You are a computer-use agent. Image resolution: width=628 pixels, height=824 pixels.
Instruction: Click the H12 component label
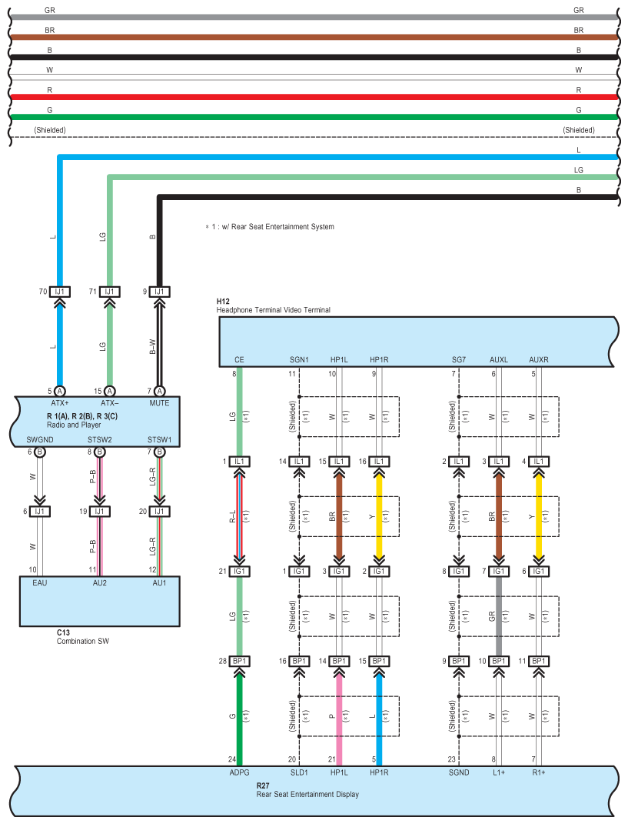point(223,301)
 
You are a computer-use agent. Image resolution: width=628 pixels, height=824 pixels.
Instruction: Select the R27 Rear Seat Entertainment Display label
point(307,790)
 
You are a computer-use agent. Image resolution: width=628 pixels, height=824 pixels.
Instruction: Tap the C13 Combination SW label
point(83,637)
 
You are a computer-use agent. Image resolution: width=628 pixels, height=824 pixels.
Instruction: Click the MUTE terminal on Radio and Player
point(159,403)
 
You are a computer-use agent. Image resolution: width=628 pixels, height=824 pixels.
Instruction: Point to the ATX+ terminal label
point(60,403)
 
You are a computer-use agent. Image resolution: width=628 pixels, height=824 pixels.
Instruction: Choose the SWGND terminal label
point(40,440)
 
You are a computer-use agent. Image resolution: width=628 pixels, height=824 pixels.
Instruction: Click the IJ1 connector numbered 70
point(60,292)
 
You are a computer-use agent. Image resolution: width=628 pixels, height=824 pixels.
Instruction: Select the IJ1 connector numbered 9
point(159,292)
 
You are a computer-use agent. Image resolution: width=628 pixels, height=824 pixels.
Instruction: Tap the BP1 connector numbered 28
point(239,661)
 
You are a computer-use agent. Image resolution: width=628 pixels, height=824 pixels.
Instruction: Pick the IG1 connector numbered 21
point(239,571)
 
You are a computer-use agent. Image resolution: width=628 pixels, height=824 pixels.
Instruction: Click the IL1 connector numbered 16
point(379,462)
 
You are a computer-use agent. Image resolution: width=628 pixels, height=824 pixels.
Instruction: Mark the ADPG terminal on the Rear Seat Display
point(239,772)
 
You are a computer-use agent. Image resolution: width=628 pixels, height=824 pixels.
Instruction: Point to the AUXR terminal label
point(539,360)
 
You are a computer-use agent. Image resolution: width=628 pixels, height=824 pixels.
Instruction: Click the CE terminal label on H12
point(239,360)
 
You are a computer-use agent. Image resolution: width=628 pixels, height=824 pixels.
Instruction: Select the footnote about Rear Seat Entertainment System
point(269,226)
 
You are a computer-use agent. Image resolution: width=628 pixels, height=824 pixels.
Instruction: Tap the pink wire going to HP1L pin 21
point(339,719)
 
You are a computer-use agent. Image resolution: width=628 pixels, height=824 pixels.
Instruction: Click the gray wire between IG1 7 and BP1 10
point(499,616)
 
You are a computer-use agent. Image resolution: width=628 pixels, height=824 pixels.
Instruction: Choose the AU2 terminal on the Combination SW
point(100,582)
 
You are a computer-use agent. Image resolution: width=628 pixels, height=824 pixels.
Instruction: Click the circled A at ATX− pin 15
point(109,391)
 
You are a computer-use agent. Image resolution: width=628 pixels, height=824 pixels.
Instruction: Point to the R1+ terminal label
point(539,772)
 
